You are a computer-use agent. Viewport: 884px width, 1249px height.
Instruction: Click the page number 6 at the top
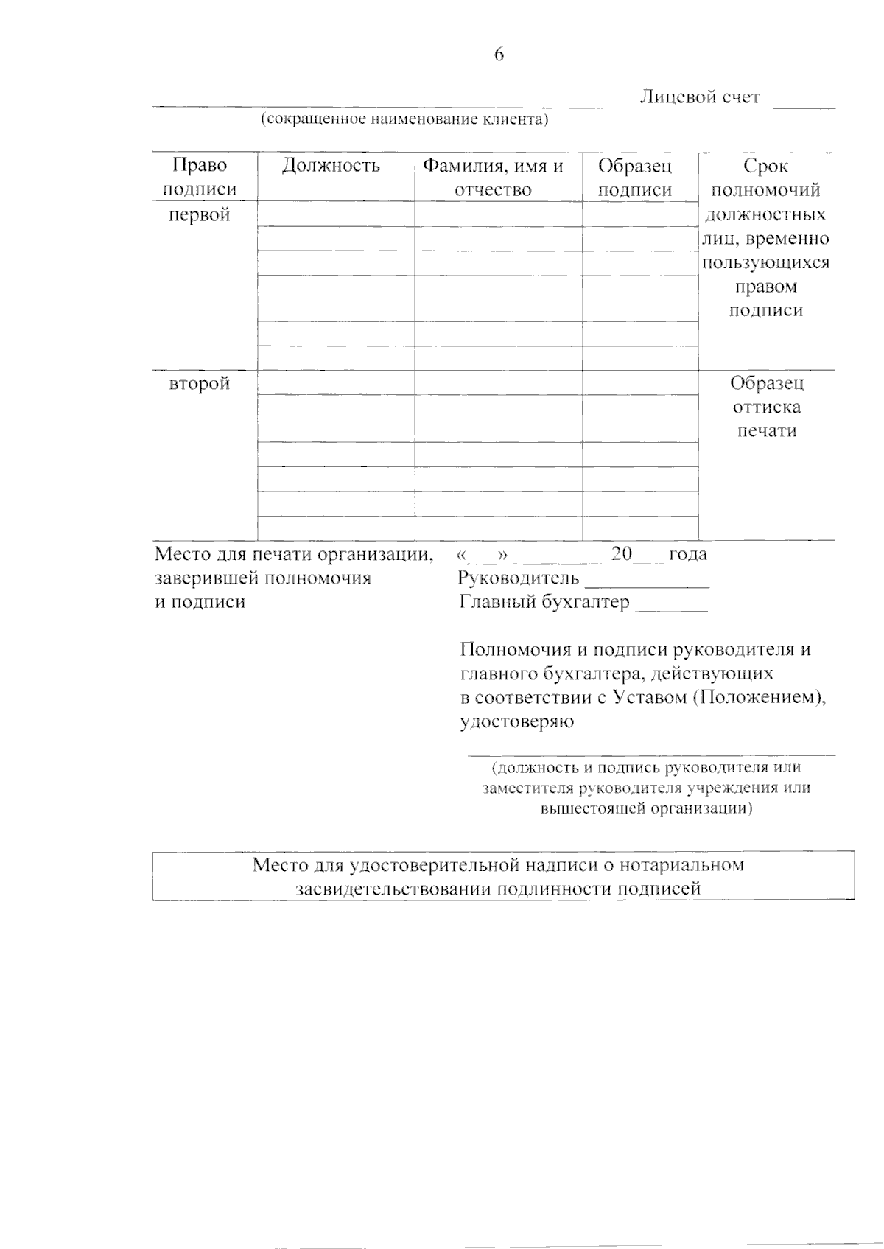point(499,55)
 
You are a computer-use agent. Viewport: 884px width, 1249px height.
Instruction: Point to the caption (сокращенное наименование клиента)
point(404,119)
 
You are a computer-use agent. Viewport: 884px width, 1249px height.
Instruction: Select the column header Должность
point(331,166)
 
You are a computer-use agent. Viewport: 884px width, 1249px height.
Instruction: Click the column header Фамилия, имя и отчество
point(492,178)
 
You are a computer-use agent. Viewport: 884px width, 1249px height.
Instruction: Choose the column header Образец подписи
point(635,178)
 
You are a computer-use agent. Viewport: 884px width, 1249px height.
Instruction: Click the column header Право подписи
point(200,178)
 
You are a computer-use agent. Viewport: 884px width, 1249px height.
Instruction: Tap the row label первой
point(200,214)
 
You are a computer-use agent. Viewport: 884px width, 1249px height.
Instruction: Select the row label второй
point(200,383)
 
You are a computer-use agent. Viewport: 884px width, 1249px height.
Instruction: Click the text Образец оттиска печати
point(767,407)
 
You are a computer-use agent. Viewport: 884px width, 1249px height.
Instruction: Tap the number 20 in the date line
point(622,554)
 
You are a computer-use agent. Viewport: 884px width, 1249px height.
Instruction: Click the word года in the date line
point(688,554)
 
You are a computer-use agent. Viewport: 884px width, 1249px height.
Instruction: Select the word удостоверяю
point(517,721)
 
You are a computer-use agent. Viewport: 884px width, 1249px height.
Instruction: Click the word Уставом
point(649,697)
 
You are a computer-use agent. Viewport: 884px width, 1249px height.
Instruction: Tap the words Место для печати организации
point(293,554)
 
